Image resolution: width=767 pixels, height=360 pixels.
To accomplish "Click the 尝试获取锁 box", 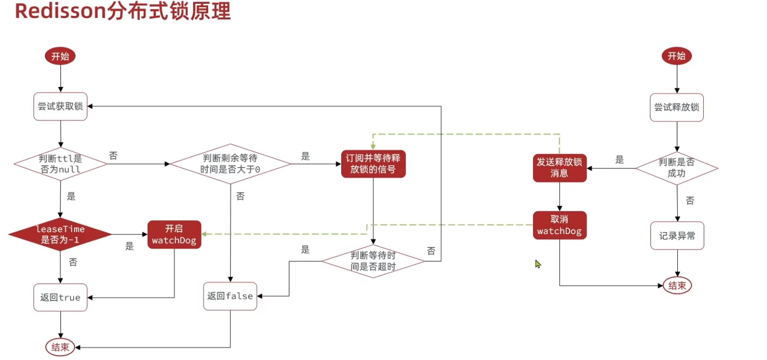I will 60,107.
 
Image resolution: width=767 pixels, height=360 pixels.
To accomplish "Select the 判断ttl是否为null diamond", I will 60,164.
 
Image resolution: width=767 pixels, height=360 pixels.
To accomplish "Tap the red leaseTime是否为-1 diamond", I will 60,234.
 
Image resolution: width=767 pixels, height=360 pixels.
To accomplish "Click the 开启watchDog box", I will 174,234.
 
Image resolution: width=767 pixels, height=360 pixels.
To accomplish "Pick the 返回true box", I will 60,297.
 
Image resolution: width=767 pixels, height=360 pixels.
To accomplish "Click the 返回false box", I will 230,296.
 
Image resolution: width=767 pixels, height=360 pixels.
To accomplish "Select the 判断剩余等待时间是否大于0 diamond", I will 230,164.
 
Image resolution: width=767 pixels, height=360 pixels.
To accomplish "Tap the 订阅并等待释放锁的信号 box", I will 373,164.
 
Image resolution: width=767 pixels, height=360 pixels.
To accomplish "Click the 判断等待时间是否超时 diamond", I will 373,261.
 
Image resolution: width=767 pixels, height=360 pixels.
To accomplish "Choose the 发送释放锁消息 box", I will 559,168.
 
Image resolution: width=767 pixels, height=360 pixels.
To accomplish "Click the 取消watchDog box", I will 559,225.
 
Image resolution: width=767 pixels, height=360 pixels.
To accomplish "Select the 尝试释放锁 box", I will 676,108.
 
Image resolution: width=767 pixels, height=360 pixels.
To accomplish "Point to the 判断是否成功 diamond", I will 676,168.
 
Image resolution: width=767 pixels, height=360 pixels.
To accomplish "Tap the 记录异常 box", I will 677,236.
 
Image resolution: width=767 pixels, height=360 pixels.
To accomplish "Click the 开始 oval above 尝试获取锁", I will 60,56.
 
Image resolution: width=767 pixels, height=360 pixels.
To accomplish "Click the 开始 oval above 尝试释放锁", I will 676,56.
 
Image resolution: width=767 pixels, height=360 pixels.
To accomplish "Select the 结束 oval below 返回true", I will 60,347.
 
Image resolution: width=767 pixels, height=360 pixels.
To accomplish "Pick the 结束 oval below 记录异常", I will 677,285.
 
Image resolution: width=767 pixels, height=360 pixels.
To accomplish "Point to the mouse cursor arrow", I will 538,264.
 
